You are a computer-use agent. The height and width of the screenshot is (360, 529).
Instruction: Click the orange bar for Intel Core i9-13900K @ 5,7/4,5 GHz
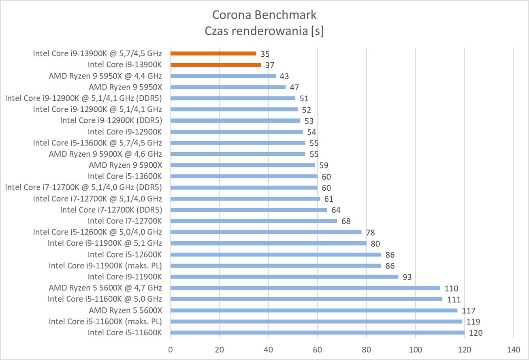[213, 53]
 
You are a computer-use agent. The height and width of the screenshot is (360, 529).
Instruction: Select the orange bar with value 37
[216, 64]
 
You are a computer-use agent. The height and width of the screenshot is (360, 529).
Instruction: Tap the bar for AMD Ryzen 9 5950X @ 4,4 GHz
[223, 76]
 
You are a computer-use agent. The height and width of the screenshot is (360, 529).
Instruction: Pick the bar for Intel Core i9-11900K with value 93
[284, 277]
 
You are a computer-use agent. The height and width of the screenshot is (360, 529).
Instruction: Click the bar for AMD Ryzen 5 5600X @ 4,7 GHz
[305, 288]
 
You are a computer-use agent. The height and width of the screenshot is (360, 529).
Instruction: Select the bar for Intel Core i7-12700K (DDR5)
[249, 210]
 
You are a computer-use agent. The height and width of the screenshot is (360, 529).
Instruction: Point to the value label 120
[476, 333]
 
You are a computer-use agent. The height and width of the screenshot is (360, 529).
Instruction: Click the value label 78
[370, 232]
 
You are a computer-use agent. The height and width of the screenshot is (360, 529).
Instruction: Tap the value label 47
[294, 87]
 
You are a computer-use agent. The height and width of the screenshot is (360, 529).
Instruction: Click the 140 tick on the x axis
[513, 349]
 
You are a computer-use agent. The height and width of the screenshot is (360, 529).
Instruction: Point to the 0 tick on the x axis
[171, 349]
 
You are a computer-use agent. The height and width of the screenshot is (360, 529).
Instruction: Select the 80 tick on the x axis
[367, 349]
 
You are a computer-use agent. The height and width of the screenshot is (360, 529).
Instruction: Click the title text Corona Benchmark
[264, 15]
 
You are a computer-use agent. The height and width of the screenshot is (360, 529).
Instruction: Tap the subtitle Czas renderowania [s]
[264, 31]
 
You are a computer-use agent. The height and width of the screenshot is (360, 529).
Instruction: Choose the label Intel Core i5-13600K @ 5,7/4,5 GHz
[97, 143]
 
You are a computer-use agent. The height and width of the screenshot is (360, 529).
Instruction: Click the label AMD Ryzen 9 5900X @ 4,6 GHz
[105, 154]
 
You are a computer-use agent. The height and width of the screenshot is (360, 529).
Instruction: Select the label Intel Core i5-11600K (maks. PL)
[105, 322]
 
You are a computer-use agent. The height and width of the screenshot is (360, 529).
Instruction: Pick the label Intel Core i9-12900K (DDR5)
[111, 120]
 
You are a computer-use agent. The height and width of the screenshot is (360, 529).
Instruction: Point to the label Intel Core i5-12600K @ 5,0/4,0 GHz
[97, 232]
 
